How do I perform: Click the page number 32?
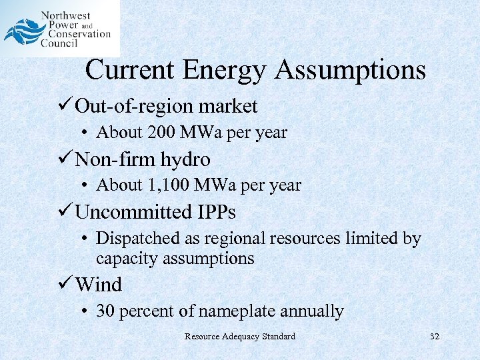tap(435, 336)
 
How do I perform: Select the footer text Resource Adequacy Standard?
tap(240, 336)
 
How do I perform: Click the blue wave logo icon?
tap(21, 31)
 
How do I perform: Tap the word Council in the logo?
tap(59, 44)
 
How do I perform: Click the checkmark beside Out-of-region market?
tap(65, 105)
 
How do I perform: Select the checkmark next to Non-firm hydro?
tap(65, 159)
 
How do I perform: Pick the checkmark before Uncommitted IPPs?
tap(65, 212)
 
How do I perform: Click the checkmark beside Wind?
tap(65, 285)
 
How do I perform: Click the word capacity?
tap(125, 259)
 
